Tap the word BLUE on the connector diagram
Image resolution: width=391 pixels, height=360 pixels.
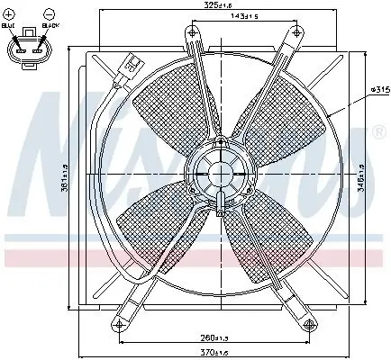(9, 28)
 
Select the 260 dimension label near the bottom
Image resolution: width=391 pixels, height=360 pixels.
(214, 339)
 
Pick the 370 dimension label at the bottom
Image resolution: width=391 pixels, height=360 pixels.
(214, 352)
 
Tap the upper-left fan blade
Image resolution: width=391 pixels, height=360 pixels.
(171, 103)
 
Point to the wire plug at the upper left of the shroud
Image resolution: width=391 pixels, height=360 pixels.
(132, 66)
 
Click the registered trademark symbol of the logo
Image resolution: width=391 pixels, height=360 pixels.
(379, 132)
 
